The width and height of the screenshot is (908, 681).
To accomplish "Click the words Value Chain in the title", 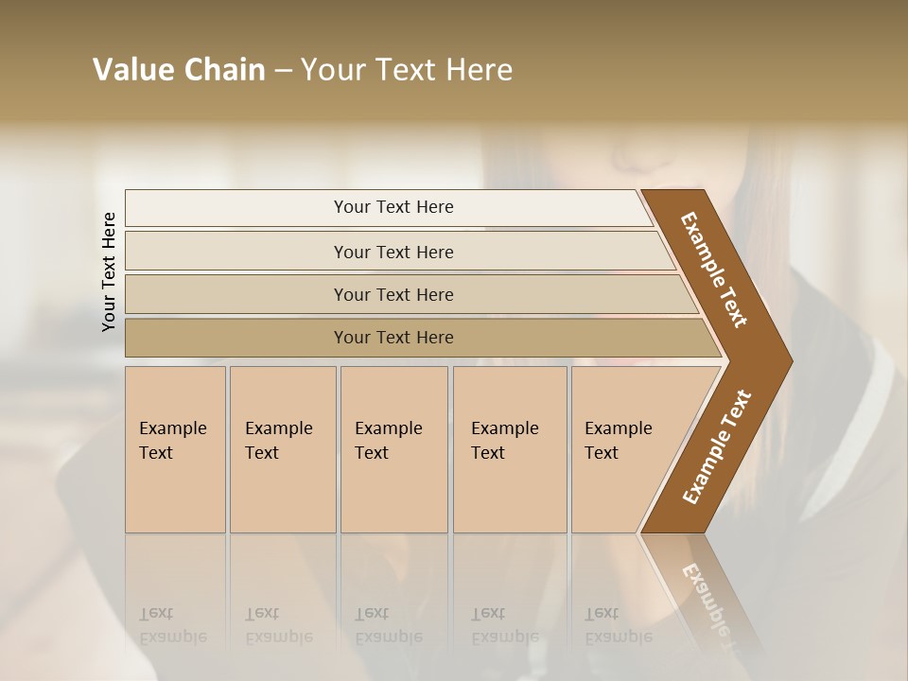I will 179,70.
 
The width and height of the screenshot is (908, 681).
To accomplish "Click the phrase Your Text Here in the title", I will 407,70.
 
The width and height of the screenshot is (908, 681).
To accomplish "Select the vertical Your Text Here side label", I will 109,271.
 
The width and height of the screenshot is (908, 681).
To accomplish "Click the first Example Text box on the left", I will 175,449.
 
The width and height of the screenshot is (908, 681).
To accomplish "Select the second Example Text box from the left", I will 282,449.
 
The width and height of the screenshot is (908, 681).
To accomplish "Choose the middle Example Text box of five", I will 393,449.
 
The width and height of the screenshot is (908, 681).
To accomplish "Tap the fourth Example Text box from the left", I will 510,449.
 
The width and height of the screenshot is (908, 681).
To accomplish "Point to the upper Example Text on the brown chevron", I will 714,270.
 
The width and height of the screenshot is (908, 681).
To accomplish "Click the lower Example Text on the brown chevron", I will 716,447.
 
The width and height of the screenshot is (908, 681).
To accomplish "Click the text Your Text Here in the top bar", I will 393,207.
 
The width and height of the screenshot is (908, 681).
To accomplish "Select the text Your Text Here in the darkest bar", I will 393,338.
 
